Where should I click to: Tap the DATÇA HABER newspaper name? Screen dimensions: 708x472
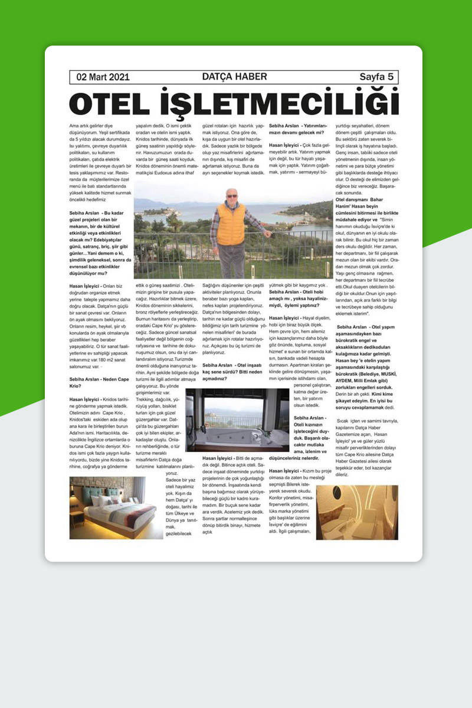click(234, 77)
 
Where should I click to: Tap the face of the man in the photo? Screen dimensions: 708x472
click(231, 196)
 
